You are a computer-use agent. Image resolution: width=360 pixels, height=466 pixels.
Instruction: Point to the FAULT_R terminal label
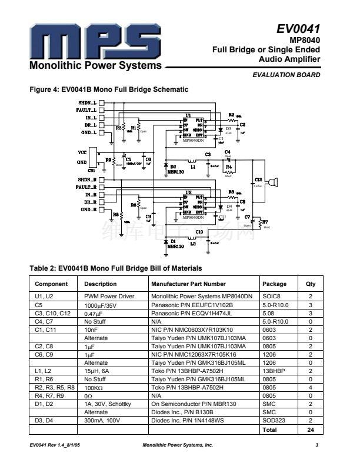pyautogui.click(x=86, y=187)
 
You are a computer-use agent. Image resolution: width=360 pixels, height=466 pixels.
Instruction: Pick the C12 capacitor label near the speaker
pyautogui.click(x=258, y=179)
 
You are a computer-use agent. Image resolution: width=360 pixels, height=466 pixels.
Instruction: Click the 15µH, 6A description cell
pyautogui.click(x=101, y=371)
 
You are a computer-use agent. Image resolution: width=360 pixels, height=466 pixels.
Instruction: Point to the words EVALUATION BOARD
pyautogui.click(x=286, y=75)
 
